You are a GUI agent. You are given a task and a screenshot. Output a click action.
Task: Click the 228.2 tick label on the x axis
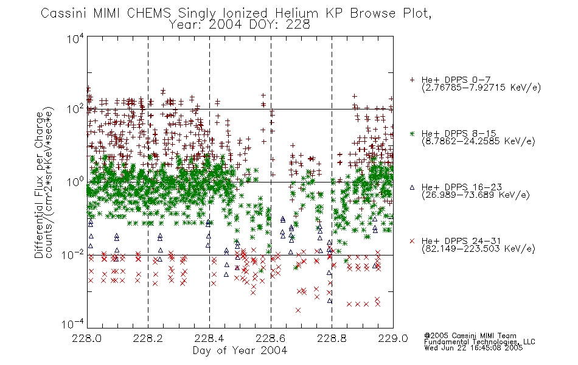(148, 338)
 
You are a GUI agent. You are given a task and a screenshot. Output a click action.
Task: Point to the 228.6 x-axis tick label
(271, 338)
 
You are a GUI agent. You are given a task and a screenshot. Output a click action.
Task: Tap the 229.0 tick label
(393, 338)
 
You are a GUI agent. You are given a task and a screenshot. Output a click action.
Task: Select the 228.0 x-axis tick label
(87, 338)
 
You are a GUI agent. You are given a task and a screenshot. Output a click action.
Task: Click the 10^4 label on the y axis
(75, 38)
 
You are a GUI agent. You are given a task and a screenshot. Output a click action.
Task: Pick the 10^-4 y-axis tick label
(72, 324)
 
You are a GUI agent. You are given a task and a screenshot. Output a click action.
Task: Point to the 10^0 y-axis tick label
(75, 182)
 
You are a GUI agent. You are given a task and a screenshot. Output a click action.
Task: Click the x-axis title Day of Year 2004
(240, 350)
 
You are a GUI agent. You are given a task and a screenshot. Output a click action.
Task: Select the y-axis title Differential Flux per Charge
(40, 184)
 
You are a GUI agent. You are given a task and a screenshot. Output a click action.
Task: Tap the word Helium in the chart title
(297, 13)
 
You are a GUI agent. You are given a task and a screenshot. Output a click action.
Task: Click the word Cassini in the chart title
(63, 13)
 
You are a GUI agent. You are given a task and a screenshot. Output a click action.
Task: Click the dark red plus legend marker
(412, 80)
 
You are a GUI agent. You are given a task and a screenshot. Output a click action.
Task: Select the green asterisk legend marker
(412, 134)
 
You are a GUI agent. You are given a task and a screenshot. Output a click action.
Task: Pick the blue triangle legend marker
(412, 187)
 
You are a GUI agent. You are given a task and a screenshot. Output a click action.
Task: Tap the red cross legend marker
(412, 241)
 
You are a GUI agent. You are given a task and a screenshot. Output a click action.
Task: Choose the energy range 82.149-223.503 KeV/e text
(478, 249)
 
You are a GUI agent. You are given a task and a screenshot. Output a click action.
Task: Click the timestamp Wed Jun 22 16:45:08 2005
(473, 347)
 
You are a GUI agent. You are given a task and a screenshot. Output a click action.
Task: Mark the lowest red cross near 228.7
(298, 310)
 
